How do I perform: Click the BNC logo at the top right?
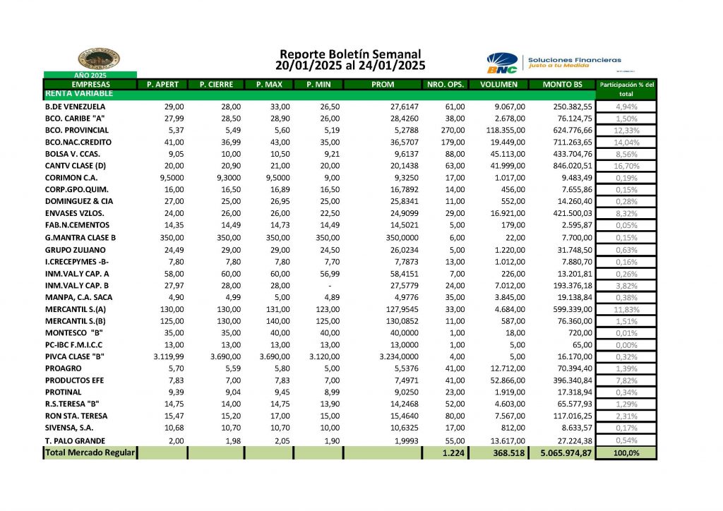[502, 62]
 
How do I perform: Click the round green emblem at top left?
[98, 59]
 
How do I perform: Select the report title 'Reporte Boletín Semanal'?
[350, 54]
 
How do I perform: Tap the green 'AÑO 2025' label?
[90, 75]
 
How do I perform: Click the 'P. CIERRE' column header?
[216, 85]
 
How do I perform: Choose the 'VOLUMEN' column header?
[499, 85]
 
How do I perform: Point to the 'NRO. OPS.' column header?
[446, 85]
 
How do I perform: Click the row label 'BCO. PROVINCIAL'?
[76, 131]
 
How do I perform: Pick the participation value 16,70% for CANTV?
[626, 166]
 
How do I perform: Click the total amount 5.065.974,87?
[562, 453]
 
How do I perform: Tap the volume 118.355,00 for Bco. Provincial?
[503, 131]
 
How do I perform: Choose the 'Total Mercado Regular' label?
[90, 452]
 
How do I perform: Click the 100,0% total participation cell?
[626, 453]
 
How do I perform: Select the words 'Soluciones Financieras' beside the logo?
[575, 59]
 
